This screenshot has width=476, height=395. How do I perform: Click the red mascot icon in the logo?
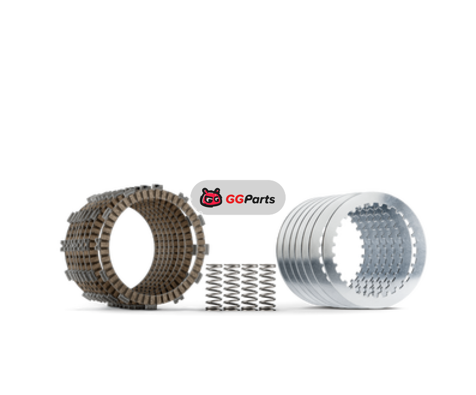[x=211, y=198]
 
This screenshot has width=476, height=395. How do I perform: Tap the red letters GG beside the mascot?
[x=235, y=199]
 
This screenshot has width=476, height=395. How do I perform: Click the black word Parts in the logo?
[x=260, y=199]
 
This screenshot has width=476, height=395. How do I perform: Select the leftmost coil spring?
[x=214, y=287]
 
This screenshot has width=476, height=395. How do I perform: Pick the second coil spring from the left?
[x=232, y=287]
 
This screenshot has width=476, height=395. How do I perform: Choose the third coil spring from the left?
[x=250, y=287]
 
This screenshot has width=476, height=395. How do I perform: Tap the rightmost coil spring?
[x=267, y=287]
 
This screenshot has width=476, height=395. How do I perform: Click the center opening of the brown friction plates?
[x=131, y=248]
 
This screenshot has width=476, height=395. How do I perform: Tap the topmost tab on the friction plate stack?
[x=156, y=186]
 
